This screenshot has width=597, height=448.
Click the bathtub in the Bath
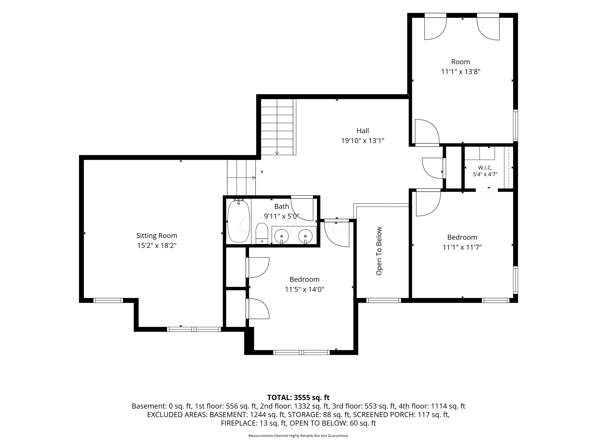(239, 221)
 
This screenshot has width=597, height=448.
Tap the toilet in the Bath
(261, 234)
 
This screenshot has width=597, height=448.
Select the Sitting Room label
(157, 236)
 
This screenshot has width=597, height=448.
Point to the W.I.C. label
(485, 168)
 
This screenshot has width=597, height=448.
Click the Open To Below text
(379, 251)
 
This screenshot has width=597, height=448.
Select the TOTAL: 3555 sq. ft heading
(298, 397)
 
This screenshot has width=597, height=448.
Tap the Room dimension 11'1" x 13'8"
(461, 71)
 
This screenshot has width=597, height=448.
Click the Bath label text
(282, 206)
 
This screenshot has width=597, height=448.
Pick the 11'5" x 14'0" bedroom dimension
(304, 289)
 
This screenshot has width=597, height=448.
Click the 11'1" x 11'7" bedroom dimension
(462, 247)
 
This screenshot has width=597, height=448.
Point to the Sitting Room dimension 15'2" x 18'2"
(157, 246)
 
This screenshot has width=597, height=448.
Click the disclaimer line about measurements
(298, 436)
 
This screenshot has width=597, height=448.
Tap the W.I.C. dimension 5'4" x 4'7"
(485, 174)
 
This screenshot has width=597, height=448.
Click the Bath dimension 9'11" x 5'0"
(282, 216)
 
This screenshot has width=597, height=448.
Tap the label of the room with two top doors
(461, 62)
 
